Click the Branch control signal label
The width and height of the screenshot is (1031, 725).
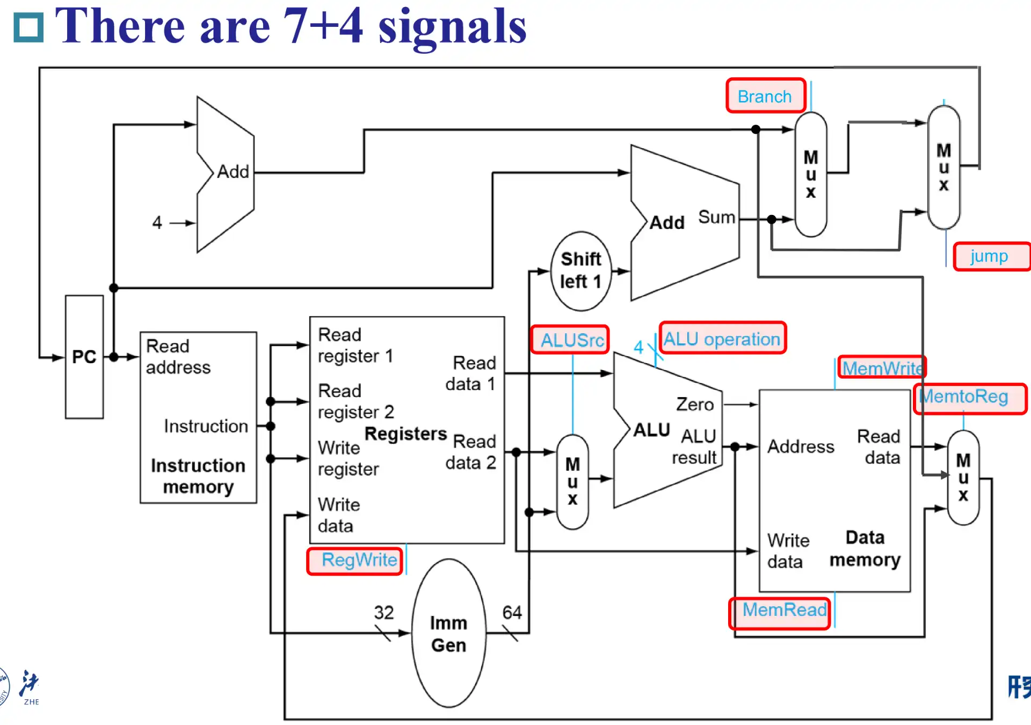coord(765,96)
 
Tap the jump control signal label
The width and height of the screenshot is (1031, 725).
coord(990,256)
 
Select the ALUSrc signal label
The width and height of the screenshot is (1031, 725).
coord(570,340)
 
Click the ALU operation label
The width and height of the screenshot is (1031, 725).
coord(722,339)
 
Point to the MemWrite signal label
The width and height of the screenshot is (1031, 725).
coord(882,368)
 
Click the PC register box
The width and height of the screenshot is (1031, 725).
coord(84,357)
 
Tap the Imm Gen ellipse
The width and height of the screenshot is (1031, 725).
coord(449,634)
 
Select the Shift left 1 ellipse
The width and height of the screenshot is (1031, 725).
coord(580,271)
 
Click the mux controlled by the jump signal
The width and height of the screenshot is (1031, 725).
coord(943,167)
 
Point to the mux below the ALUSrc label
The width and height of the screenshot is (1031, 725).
coord(572,482)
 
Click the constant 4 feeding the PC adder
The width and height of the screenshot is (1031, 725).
coord(157,222)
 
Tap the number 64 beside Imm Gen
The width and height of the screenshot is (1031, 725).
coord(512,612)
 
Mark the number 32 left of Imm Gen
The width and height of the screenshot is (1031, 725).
coord(384,612)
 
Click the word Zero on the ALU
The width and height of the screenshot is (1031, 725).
coord(695,404)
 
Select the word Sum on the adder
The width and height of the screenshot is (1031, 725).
coord(716,217)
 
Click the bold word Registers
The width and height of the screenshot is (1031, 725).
coord(405,434)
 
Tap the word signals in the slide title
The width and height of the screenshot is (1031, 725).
coord(452,27)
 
